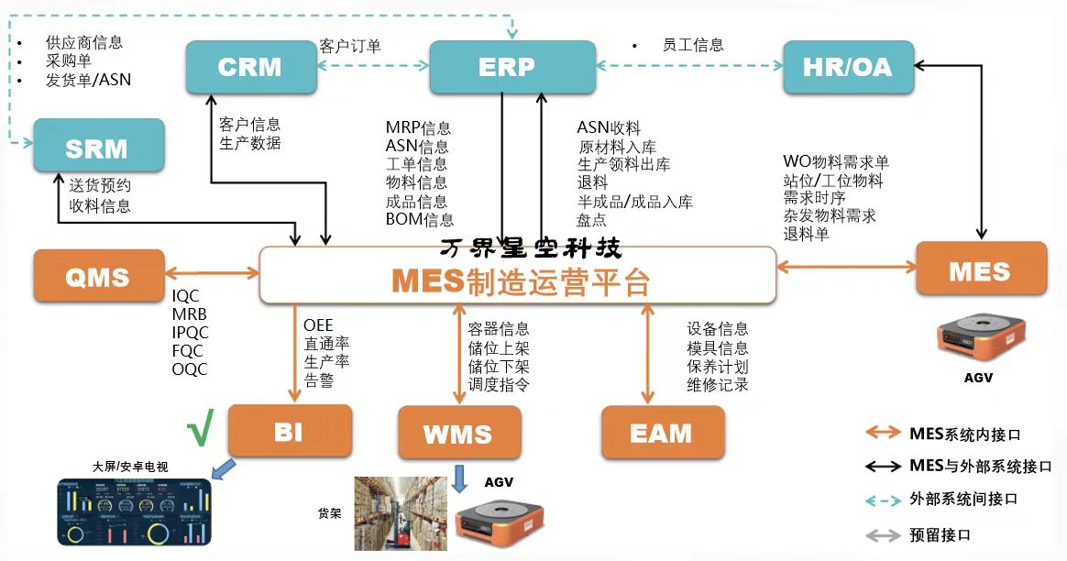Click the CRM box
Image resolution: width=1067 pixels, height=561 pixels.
click(250, 67)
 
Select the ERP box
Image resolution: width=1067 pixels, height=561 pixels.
click(506, 67)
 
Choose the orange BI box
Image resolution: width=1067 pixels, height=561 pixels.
click(289, 431)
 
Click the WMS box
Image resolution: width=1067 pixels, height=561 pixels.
click(458, 433)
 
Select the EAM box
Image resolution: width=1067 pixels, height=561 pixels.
click(661, 433)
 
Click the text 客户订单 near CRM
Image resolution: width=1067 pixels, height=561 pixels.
click(350, 46)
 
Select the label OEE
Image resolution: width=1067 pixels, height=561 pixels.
click(319, 325)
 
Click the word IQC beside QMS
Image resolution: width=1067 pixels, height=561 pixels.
click(186, 296)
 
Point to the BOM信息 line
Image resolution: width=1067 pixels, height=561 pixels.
click(420, 220)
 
